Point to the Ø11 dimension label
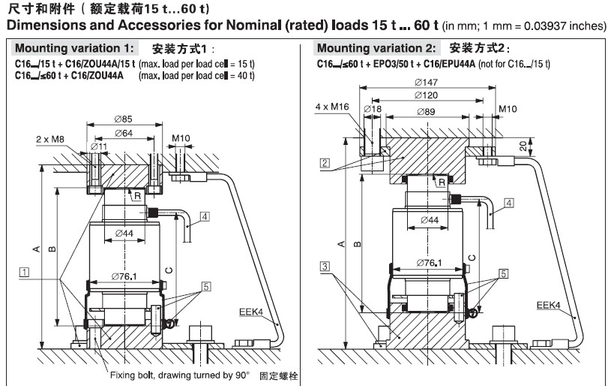point(97,145)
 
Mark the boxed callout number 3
point(324,265)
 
